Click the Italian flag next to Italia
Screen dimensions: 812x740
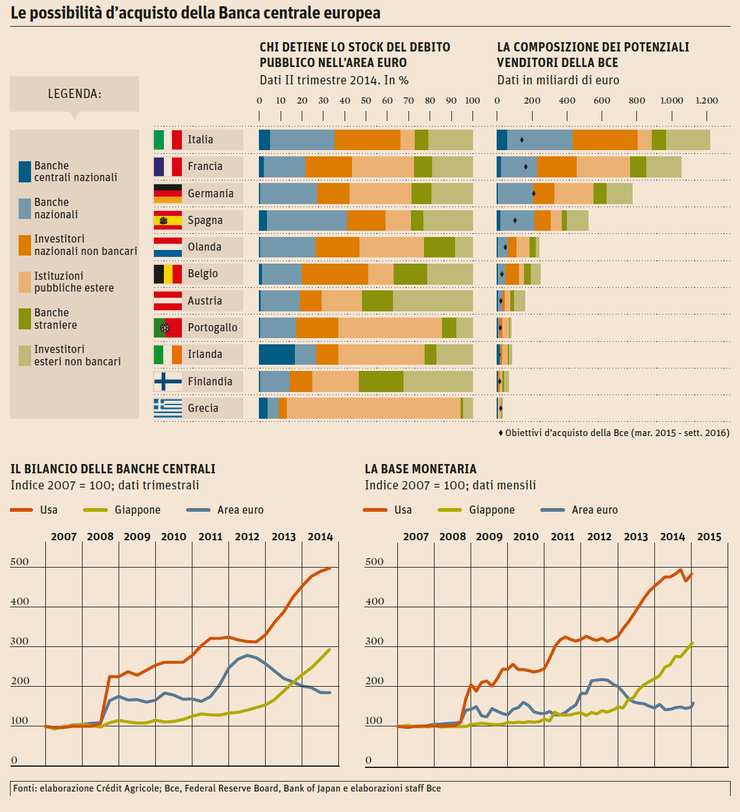168,140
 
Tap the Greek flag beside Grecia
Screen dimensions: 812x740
168,408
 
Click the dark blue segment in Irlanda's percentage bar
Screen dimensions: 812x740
277,354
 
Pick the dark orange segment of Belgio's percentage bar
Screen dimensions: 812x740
335,274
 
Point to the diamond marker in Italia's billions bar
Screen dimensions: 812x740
521,140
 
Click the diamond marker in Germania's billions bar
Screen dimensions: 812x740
534,194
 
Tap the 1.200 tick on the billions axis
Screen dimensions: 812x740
706,100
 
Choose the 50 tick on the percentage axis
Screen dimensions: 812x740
366,100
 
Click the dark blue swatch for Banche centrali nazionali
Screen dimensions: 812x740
25,172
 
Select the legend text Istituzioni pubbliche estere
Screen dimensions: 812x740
74,282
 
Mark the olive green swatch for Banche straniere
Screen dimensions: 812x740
25,319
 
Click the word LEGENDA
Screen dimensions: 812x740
74,94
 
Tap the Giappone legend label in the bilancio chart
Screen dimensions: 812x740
137,510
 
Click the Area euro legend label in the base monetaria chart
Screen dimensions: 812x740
595,510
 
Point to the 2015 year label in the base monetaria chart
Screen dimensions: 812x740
709,537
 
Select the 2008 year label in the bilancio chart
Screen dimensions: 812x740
101,537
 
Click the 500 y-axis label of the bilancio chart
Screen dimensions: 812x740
20,562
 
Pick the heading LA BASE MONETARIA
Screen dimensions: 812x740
420,469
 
